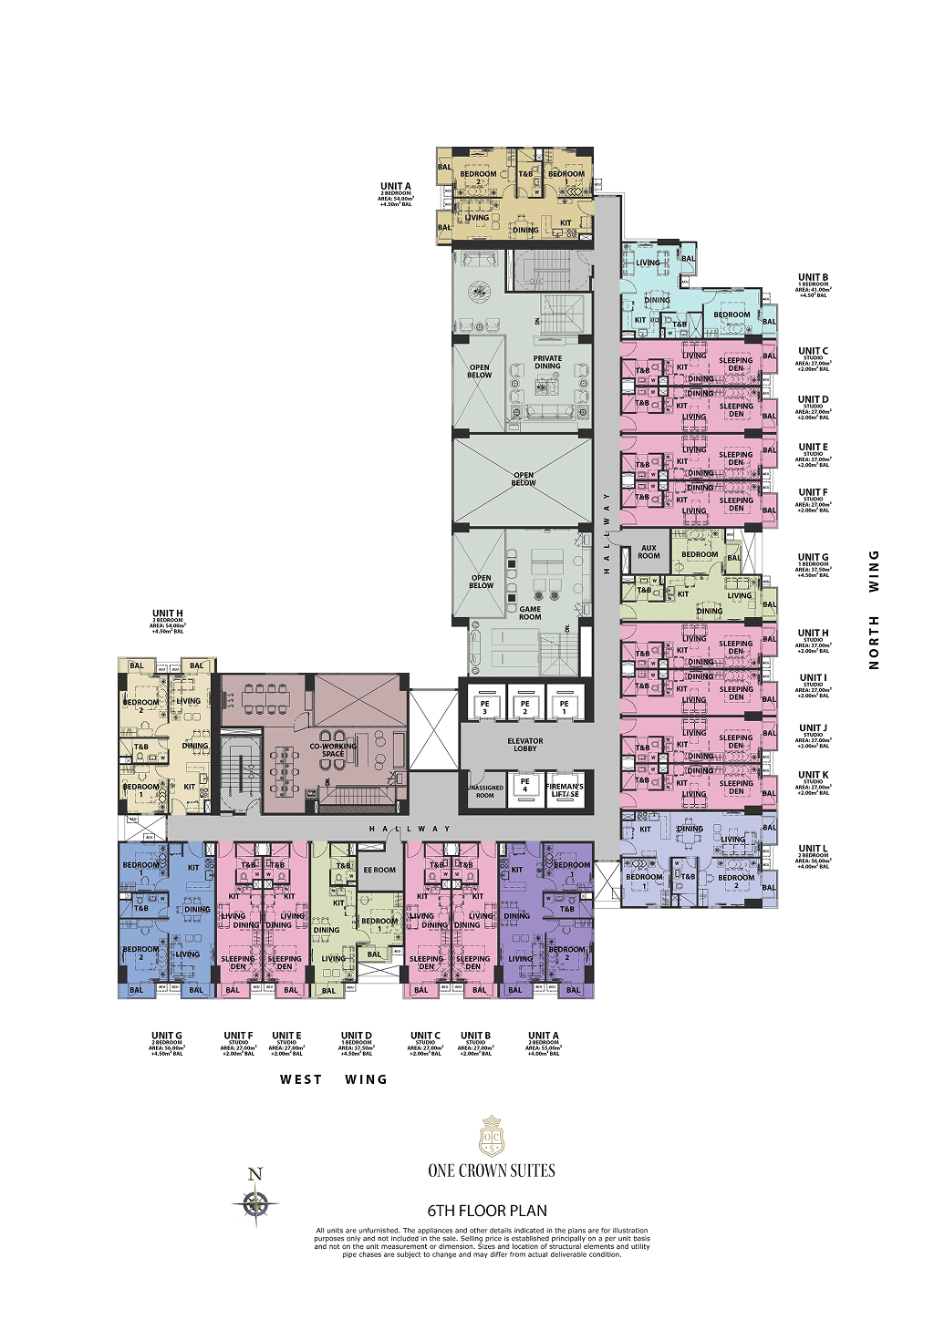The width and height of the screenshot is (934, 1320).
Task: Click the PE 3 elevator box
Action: [x=485, y=706]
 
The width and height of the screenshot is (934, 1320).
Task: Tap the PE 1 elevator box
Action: [x=565, y=706]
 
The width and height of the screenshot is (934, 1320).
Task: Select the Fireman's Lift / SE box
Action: [x=565, y=789]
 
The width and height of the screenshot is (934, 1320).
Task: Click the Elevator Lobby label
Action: [x=525, y=745]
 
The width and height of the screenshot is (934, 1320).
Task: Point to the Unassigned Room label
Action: [x=485, y=791]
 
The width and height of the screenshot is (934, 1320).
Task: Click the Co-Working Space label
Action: [x=333, y=749]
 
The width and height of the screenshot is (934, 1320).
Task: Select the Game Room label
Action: [x=530, y=614]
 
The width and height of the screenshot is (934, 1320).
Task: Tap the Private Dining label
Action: [x=547, y=362]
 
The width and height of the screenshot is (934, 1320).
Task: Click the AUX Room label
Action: [x=649, y=552]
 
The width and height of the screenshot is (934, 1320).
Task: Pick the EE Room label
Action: [x=379, y=870]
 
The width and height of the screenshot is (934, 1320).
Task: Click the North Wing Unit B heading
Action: [x=813, y=278]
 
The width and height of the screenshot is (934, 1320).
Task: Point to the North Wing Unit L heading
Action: [x=813, y=849]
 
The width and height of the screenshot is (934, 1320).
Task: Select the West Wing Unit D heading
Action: [x=356, y=1036]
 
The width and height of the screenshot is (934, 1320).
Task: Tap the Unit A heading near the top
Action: [x=396, y=187]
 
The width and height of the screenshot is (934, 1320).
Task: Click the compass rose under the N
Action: [x=255, y=1205]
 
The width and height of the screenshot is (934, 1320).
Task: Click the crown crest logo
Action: [x=492, y=1136]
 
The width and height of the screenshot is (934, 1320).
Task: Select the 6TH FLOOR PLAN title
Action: [x=487, y=1211]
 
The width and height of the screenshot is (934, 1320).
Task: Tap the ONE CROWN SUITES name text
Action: [x=492, y=1170]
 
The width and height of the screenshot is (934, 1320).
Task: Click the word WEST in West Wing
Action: [x=301, y=1079]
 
